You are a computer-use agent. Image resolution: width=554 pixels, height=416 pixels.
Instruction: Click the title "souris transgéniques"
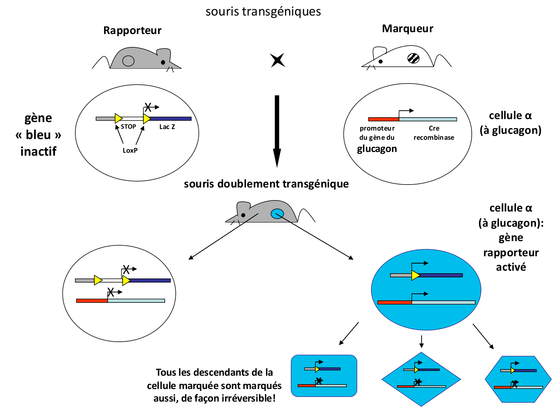(263, 12)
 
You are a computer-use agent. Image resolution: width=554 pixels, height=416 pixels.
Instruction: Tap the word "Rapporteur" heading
(132, 30)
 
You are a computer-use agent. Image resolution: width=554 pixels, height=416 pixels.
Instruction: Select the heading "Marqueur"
(407, 29)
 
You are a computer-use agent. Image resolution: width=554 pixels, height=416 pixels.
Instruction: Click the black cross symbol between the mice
(277, 60)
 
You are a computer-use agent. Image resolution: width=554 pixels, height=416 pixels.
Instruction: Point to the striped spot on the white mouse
(413, 58)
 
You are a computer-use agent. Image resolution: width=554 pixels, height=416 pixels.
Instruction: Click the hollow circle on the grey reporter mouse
(128, 61)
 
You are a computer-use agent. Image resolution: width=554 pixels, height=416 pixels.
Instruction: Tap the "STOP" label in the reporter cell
(128, 127)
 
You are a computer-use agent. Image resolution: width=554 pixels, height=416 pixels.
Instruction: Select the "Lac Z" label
(167, 127)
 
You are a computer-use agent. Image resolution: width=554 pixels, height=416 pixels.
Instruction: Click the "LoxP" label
(130, 150)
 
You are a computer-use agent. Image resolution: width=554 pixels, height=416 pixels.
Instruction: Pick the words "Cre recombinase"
(434, 133)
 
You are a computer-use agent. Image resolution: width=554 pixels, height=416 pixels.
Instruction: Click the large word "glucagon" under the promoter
(377, 149)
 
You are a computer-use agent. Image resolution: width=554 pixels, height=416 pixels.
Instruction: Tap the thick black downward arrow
(277, 129)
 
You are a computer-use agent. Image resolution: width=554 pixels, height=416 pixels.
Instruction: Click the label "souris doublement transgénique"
(266, 184)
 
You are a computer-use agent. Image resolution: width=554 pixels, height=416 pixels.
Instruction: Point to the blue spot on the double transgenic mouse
(277, 213)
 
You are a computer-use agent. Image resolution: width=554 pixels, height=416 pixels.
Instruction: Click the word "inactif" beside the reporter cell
(38, 152)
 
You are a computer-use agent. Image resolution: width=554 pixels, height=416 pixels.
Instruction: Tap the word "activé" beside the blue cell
(511, 267)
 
